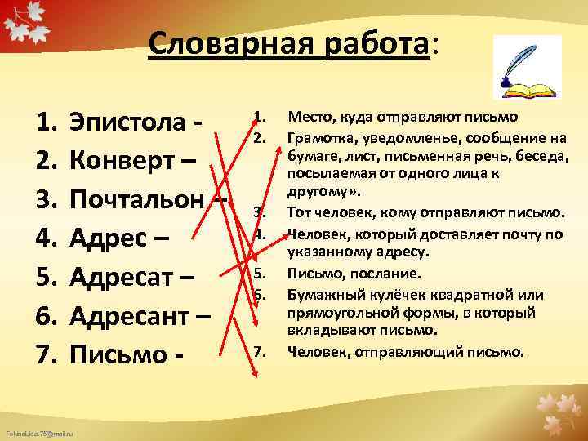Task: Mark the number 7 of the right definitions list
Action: pos(258,351)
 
